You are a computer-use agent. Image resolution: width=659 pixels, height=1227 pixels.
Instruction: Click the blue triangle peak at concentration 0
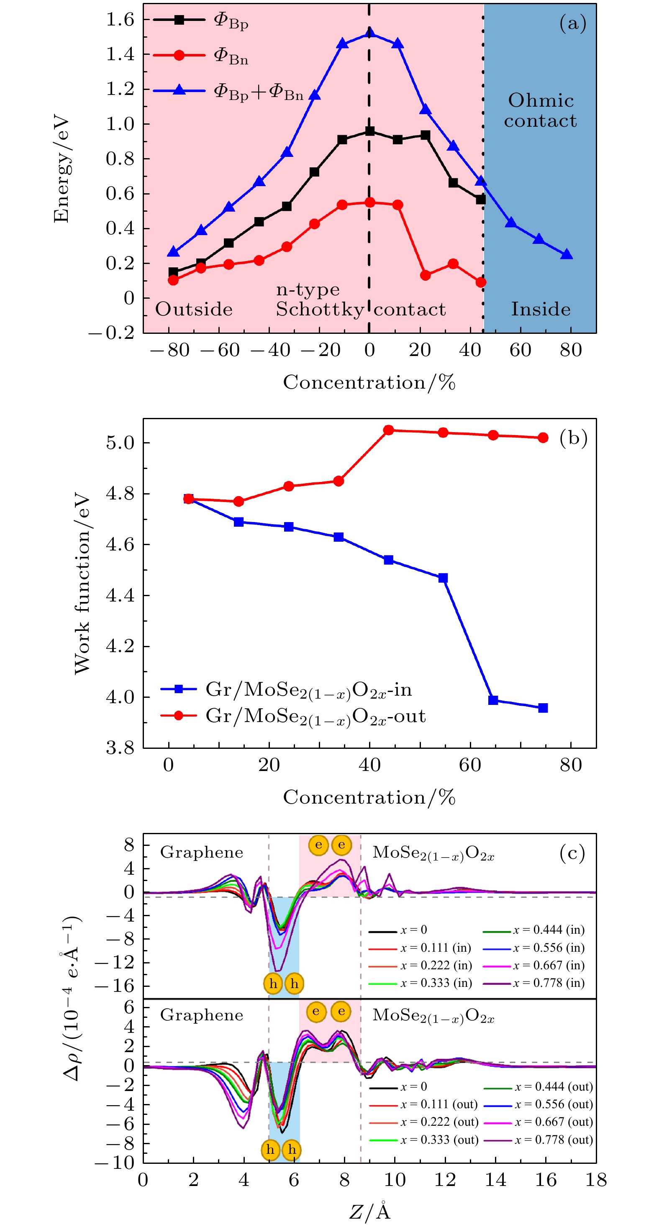[x=369, y=33]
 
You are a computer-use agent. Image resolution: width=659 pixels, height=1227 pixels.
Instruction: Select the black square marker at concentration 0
[x=369, y=131]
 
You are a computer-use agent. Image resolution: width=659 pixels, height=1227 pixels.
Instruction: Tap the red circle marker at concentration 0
[x=369, y=202]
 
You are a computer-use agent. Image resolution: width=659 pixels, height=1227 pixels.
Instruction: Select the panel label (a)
[x=572, y=23]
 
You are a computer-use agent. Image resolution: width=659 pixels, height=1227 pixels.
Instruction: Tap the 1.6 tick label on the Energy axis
[x=120, y=20]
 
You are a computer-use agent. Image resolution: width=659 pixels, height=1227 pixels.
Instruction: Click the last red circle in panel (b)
[x=543, y=438]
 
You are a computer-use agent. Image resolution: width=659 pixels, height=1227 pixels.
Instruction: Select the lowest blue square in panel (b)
[x=543, y=708]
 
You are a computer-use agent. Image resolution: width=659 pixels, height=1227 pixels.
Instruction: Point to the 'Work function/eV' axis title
[x=82, y=584]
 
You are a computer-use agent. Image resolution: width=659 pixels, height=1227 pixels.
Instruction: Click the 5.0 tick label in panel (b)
[x=120, y=443]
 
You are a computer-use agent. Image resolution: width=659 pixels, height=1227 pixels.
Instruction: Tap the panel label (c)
[x=572, y=853]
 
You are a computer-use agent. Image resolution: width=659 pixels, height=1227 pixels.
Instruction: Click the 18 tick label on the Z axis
[x=596, y=1180]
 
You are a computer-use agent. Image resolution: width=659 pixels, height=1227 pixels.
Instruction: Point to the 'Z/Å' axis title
[x=370, y=1211]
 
